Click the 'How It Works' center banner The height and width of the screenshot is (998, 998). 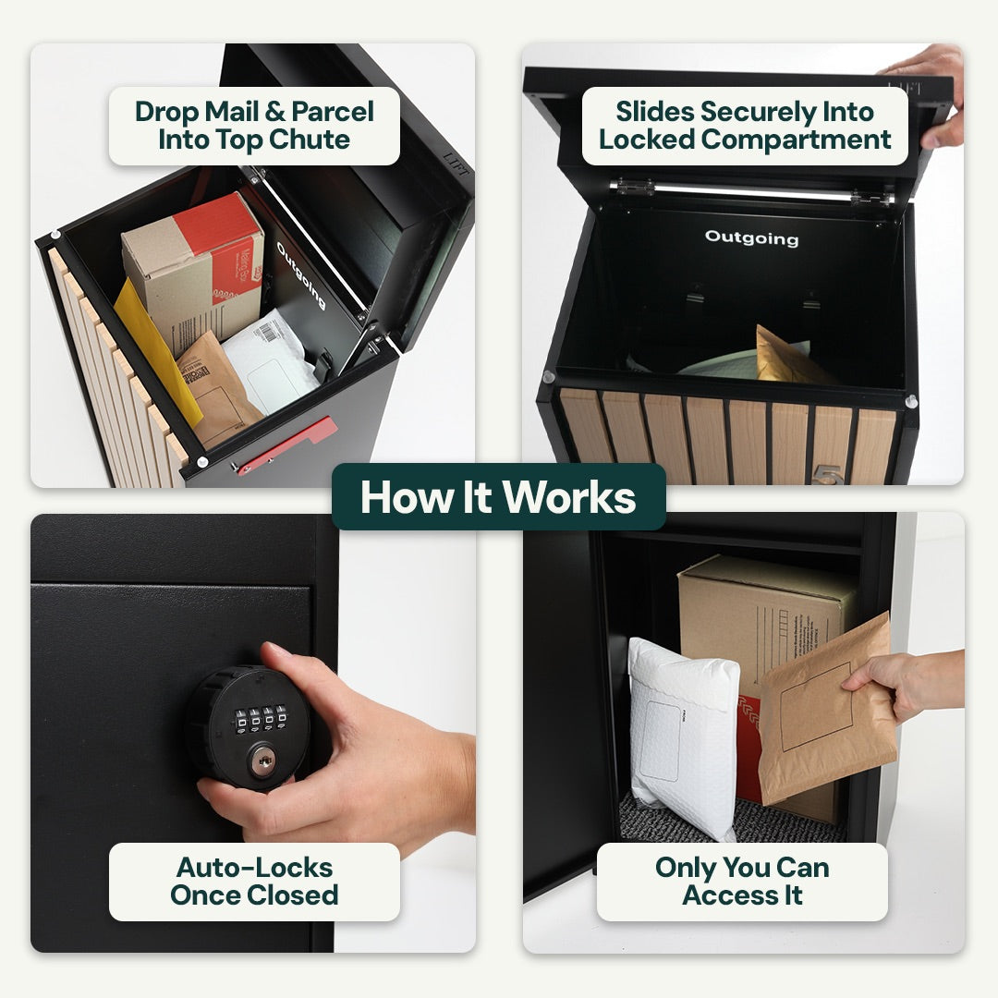(x=498, y=497)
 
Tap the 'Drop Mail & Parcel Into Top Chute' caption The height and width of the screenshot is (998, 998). (x=254, y=126)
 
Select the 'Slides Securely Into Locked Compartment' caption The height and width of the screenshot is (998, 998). (x=745, y=126)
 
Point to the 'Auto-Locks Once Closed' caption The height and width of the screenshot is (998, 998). (x=254, y=882)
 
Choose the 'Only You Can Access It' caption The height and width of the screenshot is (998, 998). (x=742, y=882)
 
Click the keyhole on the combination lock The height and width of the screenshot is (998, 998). (x=262, y=761)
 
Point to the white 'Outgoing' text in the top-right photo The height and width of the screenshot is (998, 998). (x=751, y=237)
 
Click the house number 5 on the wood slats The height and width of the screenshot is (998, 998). (x=827, y=475)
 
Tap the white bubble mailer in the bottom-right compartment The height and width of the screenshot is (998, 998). (x=682, y=738)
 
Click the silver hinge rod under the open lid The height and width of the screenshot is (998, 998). (x=751, y=191)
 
